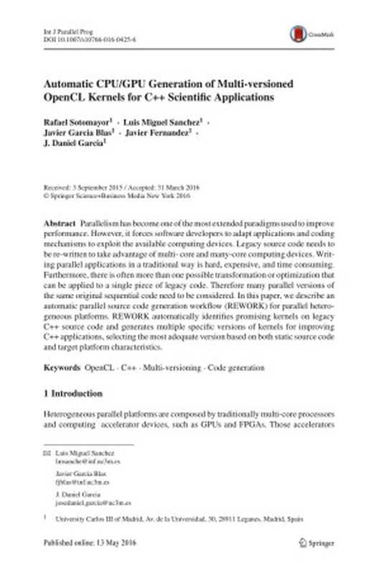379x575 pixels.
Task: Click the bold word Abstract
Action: tap(60, 225)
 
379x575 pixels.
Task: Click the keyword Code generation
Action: tap(236, 368)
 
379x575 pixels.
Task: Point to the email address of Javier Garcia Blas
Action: tap(78, 483)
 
